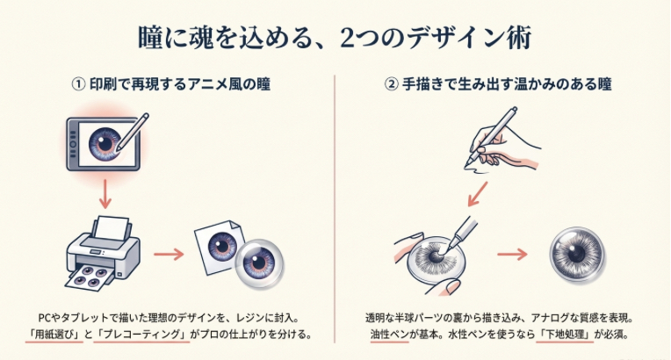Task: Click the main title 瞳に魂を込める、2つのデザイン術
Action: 335,39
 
